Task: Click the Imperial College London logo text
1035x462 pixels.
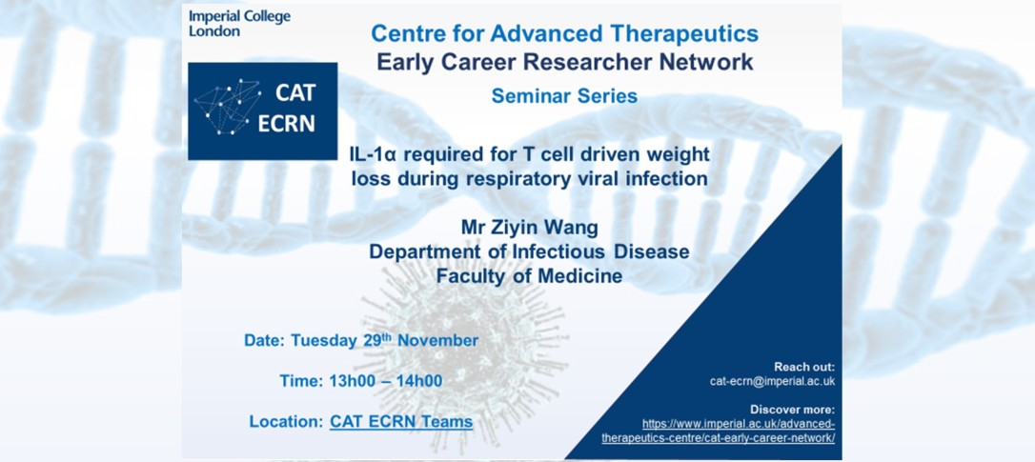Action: [239, 23]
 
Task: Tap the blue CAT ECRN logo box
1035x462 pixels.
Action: [263, 110]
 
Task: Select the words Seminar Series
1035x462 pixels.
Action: [564, 96]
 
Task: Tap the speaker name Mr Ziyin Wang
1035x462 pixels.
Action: [529, 229]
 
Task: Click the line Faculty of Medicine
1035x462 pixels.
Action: [529, 276]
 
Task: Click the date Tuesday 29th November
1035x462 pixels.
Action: [385, 341]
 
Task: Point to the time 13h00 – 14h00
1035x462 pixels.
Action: [385, 381]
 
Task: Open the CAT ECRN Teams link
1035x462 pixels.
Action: [401, 421]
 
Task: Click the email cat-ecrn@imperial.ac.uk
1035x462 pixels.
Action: [772, 381]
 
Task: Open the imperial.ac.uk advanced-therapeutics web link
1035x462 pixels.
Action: [719, 431]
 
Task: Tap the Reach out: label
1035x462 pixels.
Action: [804, 367]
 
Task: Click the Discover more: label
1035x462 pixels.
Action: [793, 410]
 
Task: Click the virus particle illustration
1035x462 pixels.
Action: [462, 343]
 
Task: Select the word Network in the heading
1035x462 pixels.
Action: [714, 62]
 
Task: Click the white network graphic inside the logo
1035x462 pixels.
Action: [227, 107]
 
